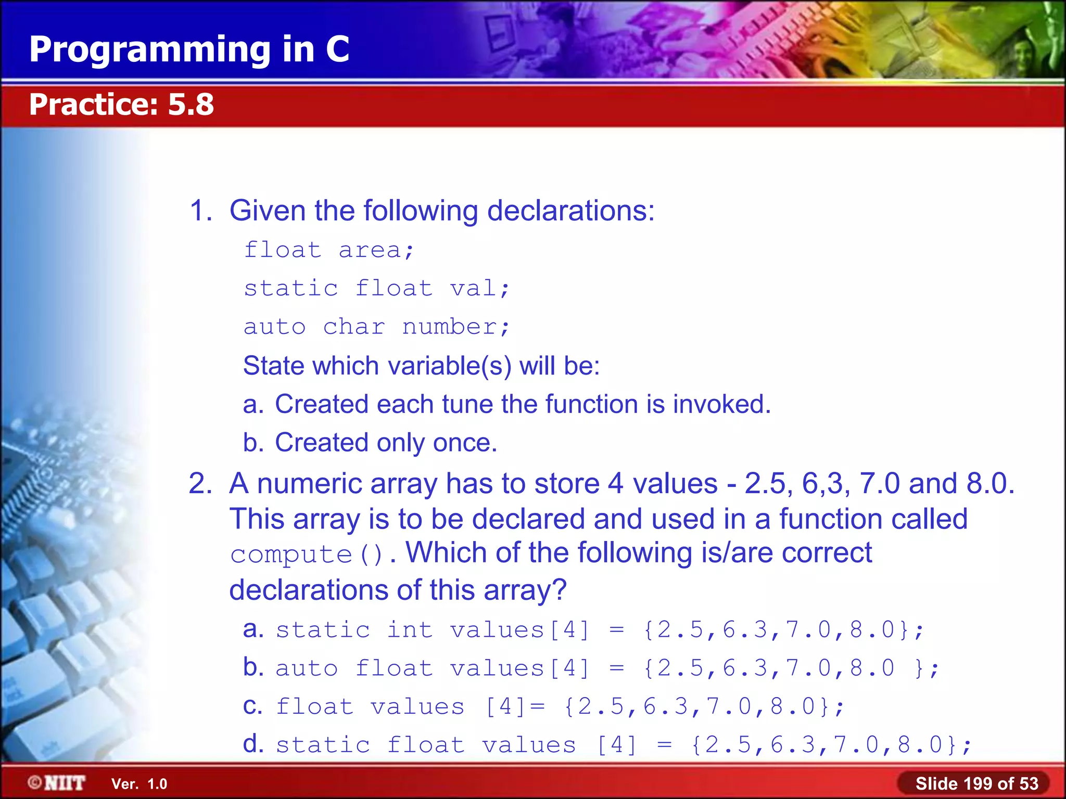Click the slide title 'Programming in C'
pyautogui.click(x=189, y=49)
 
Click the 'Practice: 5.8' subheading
pyautogui.click(x=121, y=105)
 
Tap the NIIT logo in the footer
pyautogui.click(x=57, y=783)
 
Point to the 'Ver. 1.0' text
pyautogui.click(x=139, y=784)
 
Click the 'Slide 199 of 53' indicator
pyautogui.click(x=976, y=783)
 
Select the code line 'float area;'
pyautogui.click(x=328, y=251)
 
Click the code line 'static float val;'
pyautogui.click(x=376, y=289)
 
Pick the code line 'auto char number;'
pyautogui.click(x=376, y=327)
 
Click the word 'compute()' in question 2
pyautogui.click(x=307, y=555)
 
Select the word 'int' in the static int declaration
pyautogui.click(x=410, y=630)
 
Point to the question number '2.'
pyautogui.click(x=200, y=484)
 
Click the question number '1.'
pyautogui.click(x=201, y=211)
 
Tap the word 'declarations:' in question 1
pyautogui.click(x=570, y=211)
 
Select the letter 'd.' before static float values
pyautogui.click(x=253, y=744)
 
